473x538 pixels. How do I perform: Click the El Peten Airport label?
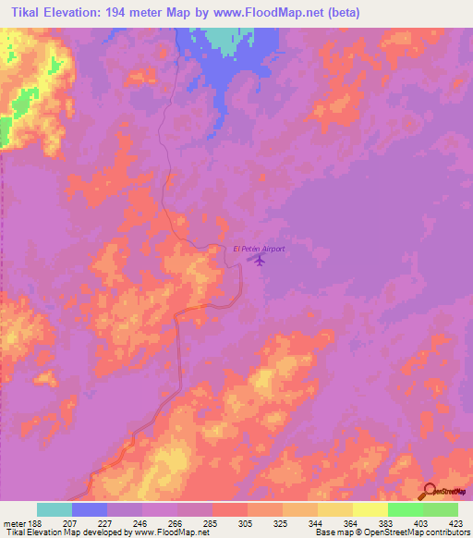(259, 249)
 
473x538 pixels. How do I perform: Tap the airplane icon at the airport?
(260, 261)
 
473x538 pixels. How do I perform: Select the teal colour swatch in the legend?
(55, 509)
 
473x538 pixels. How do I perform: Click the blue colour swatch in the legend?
(90, 509)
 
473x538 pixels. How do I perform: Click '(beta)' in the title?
(343, 12)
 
